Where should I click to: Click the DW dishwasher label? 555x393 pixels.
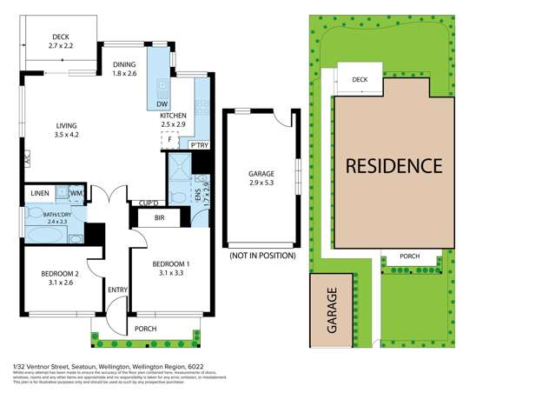click(x=161, y=105)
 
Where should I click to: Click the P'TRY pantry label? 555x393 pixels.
click(x=199, y=145)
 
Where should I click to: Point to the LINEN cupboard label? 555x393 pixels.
click(x=39, y=193)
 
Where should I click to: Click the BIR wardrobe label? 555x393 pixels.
click(x=159, y=218)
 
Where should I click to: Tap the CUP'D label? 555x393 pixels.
click(x=142, y=204)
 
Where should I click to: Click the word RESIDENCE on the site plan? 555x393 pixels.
click(x=393, y=165)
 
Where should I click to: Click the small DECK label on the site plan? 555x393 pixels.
click(x=360, y=80)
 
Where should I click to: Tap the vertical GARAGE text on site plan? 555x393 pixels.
click(x=331, y=312)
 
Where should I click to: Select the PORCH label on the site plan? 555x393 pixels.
click(x=409, y=256)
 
